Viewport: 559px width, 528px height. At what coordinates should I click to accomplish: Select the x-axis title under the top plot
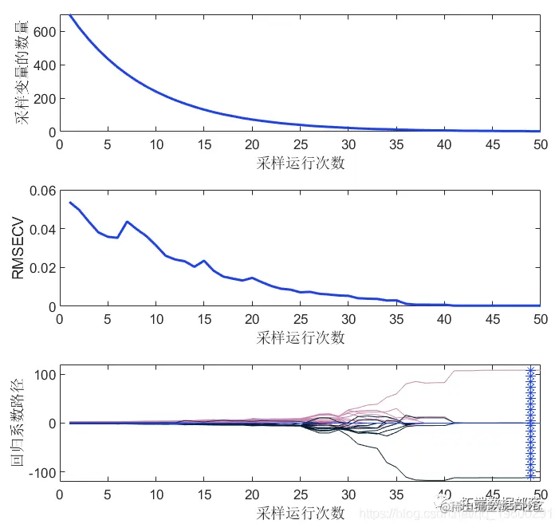pos(300,163)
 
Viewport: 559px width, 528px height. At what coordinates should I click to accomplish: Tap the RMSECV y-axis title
pos(18,248)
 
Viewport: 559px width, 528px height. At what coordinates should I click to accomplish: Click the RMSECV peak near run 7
pos(127,221)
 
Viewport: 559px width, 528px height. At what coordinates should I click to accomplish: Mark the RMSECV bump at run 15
pos(204,261)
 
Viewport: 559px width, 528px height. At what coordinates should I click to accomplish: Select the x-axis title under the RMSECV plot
pos(300,337)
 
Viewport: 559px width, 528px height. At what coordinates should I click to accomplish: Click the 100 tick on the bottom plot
pos(42,374)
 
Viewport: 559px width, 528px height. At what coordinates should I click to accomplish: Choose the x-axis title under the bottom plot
pos(300,512)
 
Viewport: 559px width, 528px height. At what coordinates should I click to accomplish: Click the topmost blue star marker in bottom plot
pos(530,370)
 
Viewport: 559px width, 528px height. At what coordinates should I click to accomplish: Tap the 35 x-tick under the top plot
pos(396,144)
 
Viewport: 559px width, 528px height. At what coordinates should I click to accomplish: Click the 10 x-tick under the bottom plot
pos(155,495)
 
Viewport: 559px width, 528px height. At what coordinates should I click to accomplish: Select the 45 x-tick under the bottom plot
pos(492,495)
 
